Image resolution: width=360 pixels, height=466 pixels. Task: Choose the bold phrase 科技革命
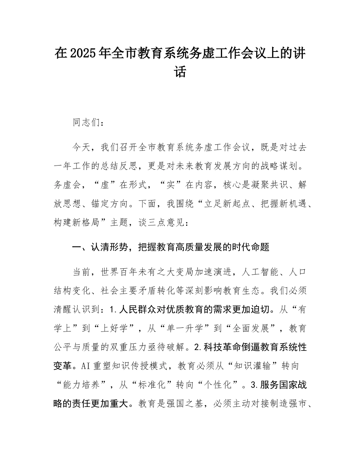pos(224,347)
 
